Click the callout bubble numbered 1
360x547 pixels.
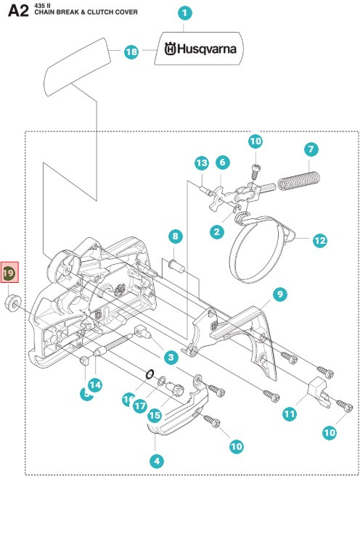pos(184,12)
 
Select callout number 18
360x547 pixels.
pos(131,52)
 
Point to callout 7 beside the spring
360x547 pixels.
pos(311,149)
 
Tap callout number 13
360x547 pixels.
pos(202,163)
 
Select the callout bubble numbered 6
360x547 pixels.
pos(222,163)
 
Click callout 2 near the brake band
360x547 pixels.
pos(216,232)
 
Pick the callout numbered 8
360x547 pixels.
pos(175,236)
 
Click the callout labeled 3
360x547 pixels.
pos(171,357)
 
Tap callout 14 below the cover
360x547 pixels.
pos(94,384)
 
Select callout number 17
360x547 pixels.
pos(140,406)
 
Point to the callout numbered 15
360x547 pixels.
pos(155,416)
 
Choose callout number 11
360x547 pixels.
pos(290,414)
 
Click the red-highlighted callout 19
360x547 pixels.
pos(9,273)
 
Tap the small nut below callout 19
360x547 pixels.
pos(11,301)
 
